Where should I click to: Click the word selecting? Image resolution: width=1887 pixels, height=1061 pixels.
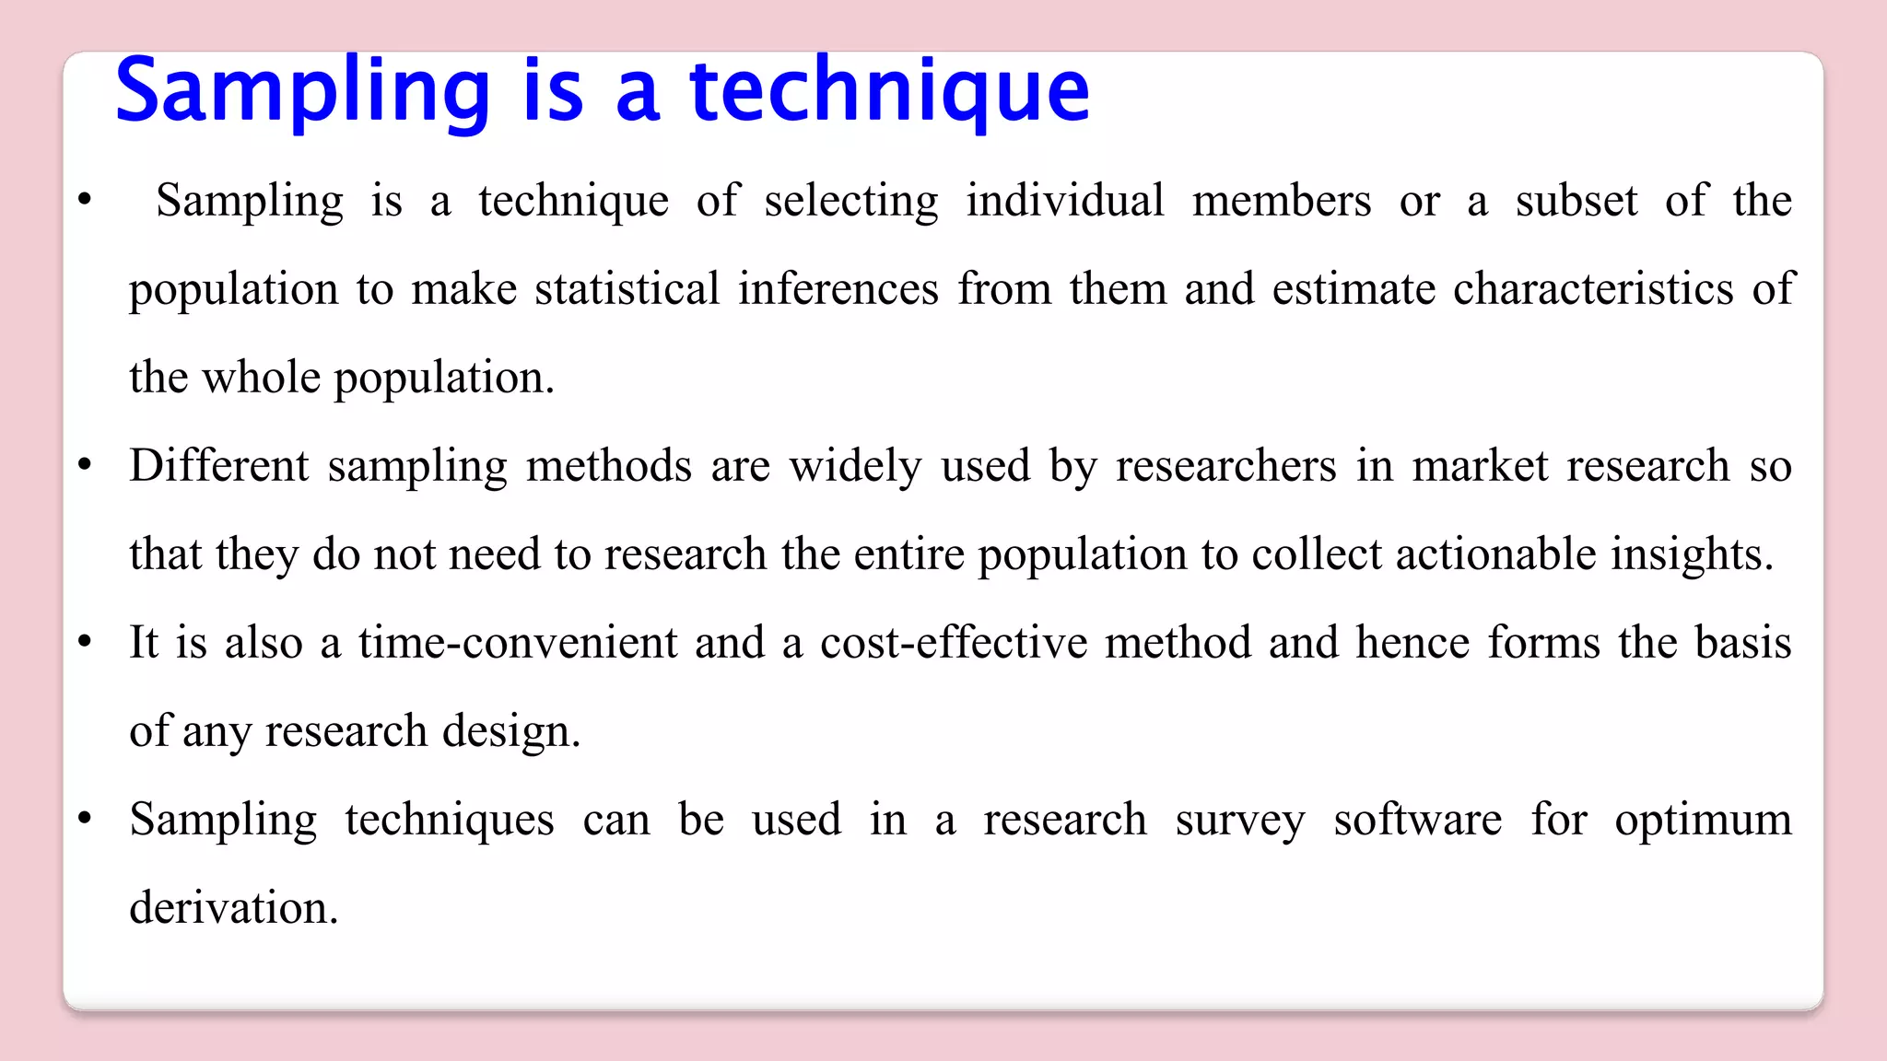(x=851, y=201)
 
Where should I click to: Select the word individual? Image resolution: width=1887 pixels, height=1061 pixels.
(x=1065, y=201)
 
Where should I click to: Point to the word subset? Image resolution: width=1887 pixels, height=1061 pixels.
(x=1576, y=201)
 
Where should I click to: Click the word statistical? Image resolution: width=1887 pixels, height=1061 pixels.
(x=627, y=289)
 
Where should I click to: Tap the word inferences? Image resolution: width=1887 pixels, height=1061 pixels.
(x=838, y=289)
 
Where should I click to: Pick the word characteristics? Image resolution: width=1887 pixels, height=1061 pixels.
(x=1593, y=289)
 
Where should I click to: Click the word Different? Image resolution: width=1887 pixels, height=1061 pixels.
(x=219, y=466)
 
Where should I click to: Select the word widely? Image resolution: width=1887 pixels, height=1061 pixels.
(x=855, y=466)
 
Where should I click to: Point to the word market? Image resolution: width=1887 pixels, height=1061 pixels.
(x=1480, y=466)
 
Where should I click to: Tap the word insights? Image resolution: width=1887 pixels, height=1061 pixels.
(x=1691, y=554)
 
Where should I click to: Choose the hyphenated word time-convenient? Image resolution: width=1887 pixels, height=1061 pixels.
(x=518, y=643)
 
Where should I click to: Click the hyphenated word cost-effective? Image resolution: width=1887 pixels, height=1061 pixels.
(x=954, y=643)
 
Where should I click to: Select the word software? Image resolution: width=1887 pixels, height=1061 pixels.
(x=1417, y=820)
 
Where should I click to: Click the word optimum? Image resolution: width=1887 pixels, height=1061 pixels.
(x=1703, y=820)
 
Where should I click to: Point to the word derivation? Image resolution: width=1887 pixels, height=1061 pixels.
(x=234, y=908)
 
